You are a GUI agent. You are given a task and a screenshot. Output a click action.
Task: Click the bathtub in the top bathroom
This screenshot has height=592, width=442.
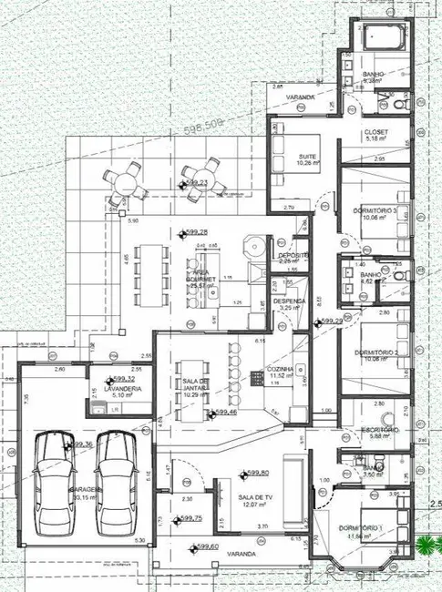[379, 37]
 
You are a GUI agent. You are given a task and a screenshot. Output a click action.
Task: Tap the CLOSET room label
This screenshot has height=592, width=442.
[375, 132]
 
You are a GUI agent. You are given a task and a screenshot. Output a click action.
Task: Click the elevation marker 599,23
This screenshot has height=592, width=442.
[197, 183]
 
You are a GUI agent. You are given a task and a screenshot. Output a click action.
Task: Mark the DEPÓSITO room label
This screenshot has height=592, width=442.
[293, 256]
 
